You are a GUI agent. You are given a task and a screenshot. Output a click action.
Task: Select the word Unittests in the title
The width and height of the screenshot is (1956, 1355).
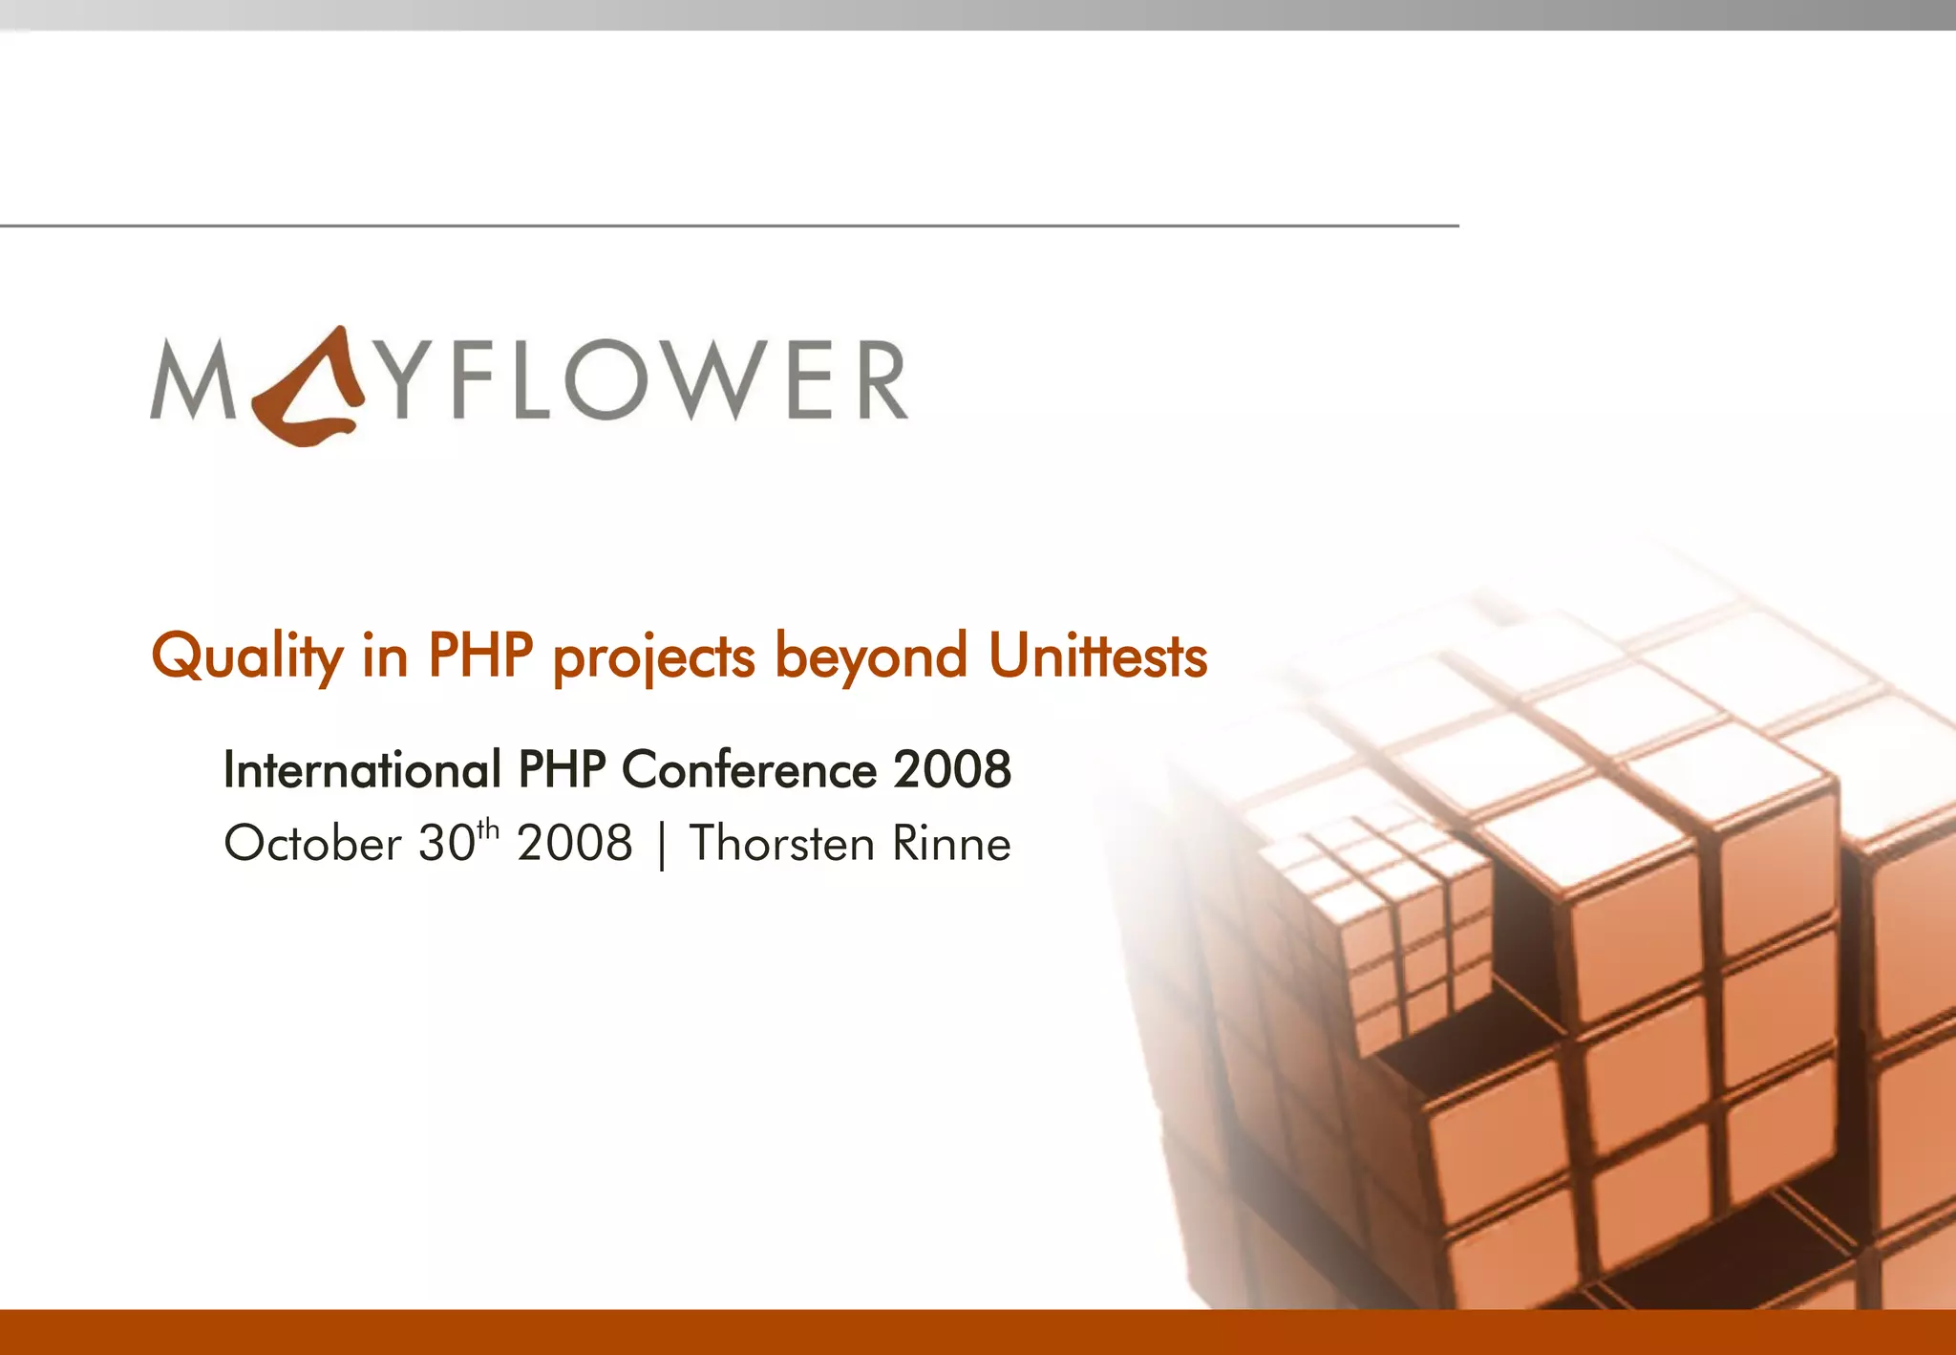point(1097,656)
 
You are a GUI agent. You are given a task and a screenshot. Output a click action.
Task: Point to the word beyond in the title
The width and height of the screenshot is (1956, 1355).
point(870,656)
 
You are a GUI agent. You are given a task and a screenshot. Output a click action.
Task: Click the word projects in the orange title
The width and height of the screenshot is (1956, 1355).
point(654,656)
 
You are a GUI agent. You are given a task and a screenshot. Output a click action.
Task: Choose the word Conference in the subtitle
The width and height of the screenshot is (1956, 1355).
point(749,769)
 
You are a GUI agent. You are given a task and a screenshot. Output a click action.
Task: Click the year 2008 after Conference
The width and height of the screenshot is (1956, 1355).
point(952,769)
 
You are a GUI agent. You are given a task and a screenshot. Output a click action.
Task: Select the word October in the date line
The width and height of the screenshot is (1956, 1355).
point(312,844)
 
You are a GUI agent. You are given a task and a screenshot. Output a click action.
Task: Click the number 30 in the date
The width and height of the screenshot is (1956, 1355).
point(446,844)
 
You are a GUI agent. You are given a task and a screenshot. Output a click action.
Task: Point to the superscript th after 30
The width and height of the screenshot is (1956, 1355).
point(487,828)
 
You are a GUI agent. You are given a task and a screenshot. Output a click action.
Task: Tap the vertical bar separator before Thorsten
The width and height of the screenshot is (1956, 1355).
point(661,846)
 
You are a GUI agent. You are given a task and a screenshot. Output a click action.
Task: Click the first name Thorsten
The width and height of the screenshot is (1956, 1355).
point(781,844)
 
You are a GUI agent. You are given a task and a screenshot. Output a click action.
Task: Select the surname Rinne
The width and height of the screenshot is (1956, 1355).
point(951,844)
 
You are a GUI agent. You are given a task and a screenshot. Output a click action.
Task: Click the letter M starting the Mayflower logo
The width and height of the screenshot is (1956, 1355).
point(192,380)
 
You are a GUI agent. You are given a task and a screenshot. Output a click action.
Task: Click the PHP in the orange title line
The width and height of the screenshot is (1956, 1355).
point(479,656)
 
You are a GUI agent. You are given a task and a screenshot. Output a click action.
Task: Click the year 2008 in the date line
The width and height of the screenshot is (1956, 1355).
point(575,844)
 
